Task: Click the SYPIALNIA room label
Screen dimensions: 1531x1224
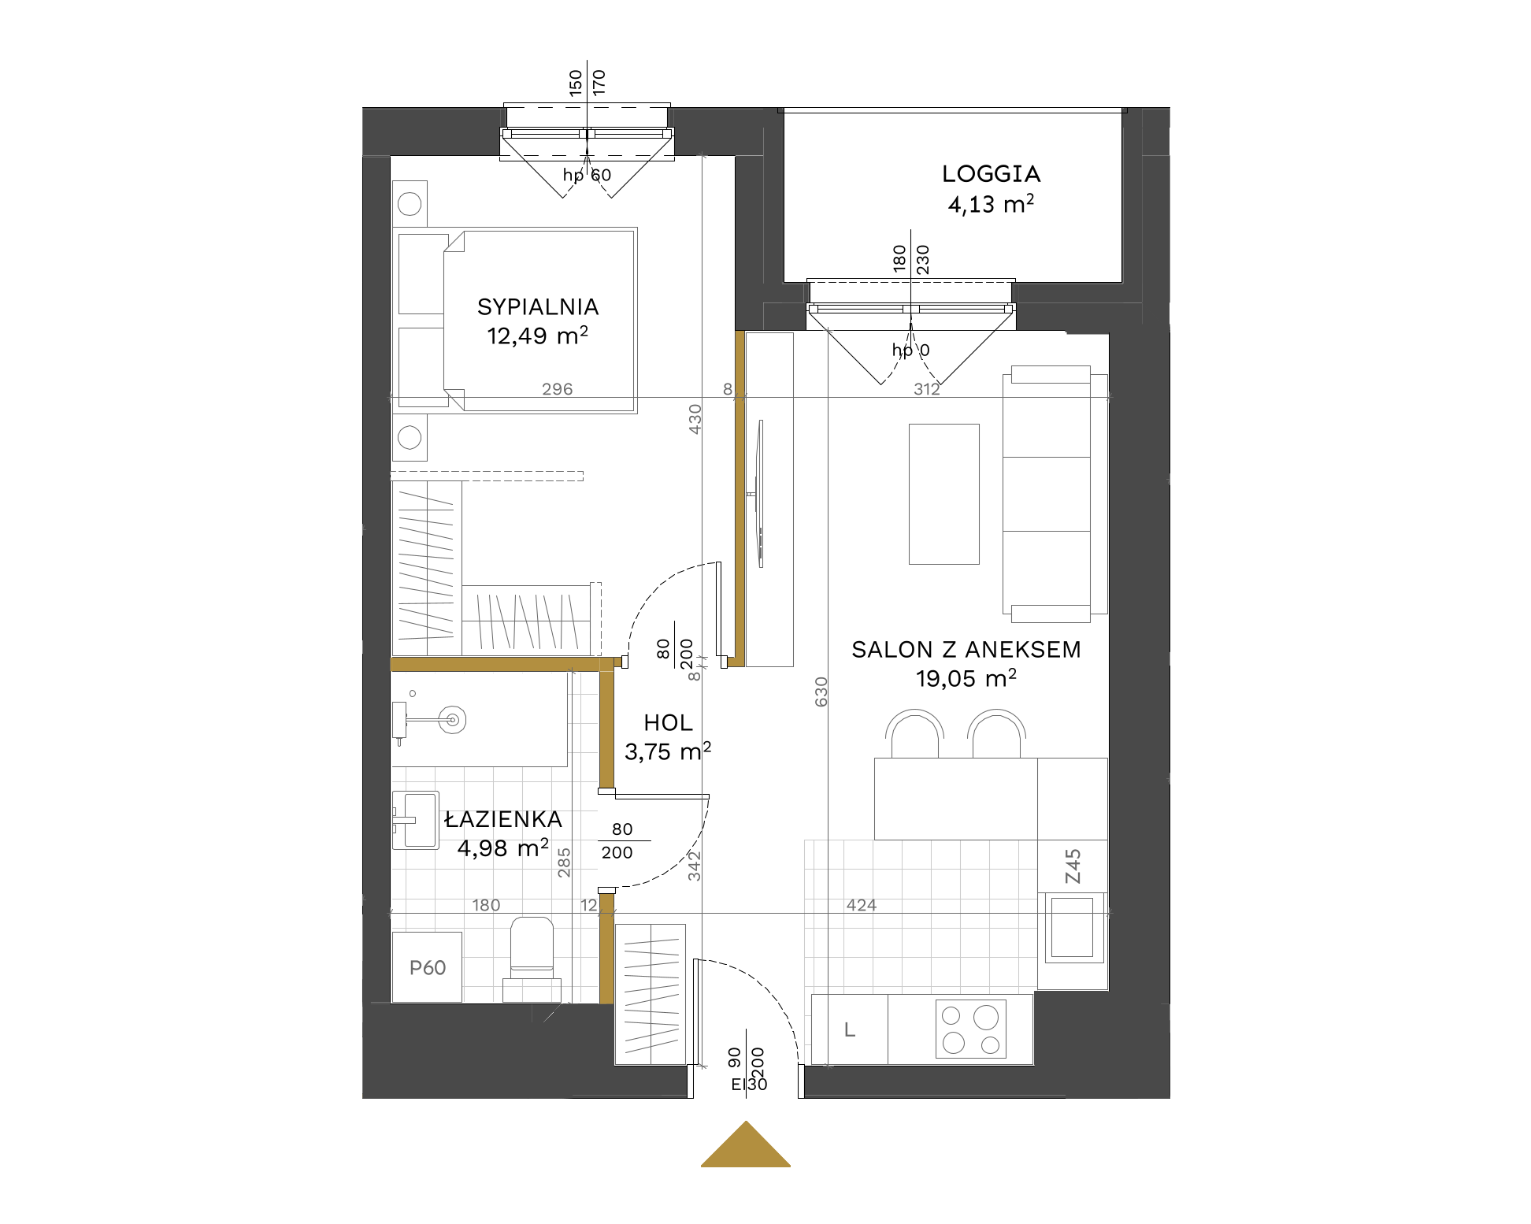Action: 538,306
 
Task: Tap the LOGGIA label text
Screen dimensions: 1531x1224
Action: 992,174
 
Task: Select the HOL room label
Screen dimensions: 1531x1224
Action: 668,722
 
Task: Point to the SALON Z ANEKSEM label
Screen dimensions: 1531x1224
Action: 966,649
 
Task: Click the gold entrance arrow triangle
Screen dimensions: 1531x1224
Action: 746,1144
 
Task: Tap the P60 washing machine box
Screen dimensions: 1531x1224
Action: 427,967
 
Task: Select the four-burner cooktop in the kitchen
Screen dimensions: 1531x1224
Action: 971,1029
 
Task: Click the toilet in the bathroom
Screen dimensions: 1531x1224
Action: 532,959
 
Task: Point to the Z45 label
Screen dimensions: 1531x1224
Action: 1073,866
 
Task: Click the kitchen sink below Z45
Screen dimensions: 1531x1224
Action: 1073,928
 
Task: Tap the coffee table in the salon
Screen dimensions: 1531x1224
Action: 944,494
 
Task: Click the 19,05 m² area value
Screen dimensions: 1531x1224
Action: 966,678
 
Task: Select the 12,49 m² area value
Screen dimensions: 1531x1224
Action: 537,336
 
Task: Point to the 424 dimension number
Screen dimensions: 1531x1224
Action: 862,905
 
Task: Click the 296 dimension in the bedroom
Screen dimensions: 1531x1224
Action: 558,389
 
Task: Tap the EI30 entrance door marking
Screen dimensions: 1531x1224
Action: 749,1085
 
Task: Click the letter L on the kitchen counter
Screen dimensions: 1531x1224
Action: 850,1029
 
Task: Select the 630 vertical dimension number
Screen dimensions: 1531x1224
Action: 821,692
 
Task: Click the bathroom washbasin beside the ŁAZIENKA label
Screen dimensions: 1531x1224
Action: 416,820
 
